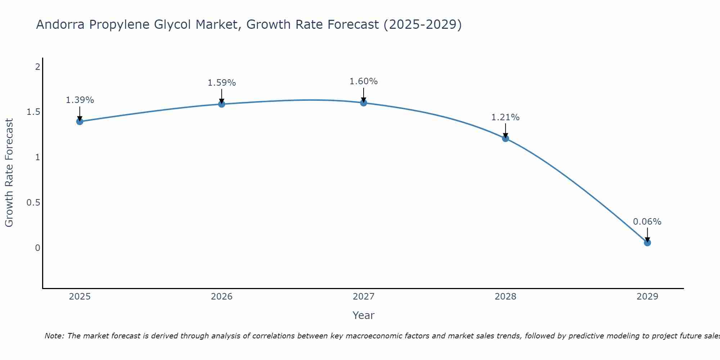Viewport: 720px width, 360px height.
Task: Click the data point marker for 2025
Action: point(80,122)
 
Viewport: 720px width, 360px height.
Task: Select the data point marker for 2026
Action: point(222,104)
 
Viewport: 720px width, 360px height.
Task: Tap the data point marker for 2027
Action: point(364,103)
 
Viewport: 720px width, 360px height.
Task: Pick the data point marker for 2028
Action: point(505,138)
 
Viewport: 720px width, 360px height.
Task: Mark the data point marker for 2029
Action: point(647,243)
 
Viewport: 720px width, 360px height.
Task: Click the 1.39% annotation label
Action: point(80,100)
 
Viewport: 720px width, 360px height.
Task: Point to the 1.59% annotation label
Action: point(222,83)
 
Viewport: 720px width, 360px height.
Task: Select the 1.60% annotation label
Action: point(364,81)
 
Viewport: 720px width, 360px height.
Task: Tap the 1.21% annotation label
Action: point(505,117)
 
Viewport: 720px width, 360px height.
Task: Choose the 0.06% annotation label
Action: point(647,222)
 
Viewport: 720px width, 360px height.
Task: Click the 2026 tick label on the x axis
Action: point(222,297)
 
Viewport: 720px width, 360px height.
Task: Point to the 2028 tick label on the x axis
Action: point(505,297)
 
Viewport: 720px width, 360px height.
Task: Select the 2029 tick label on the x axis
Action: point(647,297)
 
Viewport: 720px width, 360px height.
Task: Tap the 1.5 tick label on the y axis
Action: point(33,112)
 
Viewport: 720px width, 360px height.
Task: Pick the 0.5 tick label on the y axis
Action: point(33,203)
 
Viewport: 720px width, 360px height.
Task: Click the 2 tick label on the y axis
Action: point(37,67)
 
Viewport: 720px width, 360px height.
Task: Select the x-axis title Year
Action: point(364,315)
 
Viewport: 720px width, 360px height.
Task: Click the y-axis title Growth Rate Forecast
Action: point(9,173)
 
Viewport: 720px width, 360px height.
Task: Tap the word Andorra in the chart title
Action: point(60,24)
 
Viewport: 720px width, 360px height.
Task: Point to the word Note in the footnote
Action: point(54,336)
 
